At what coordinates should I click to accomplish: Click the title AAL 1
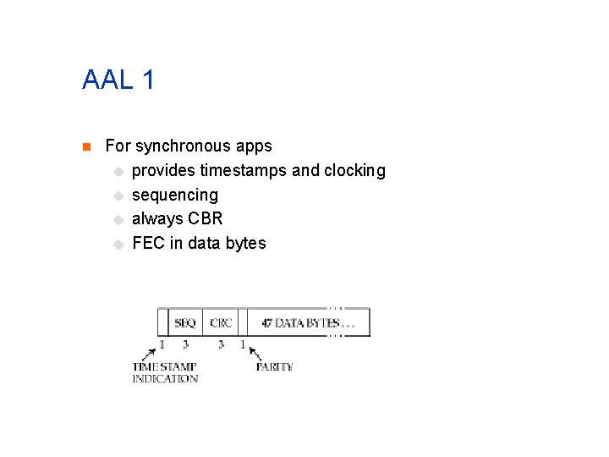118,80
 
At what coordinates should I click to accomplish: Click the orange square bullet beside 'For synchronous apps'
85,147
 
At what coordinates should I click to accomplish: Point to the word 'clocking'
355,171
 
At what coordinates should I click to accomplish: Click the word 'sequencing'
175,195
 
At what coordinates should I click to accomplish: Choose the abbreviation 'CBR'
206,218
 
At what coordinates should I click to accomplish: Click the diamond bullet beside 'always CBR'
118,219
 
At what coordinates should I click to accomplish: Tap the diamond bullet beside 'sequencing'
118,195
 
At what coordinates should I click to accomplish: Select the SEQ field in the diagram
185,322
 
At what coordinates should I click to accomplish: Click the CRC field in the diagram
221,322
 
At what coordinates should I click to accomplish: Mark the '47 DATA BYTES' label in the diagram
301,322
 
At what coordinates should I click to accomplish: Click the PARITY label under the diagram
274,366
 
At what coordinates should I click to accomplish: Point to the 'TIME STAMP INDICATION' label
165,372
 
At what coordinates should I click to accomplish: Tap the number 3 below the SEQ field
185,344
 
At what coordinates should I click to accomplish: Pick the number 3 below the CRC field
221,344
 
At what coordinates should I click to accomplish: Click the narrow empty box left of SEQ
162,322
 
